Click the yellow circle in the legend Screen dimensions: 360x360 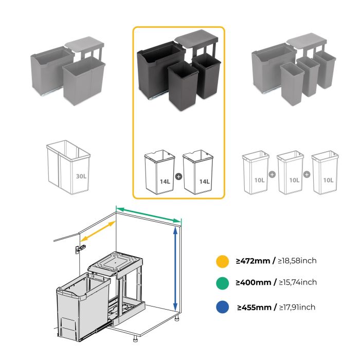click(x=222, y=261)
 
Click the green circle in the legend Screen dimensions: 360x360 click(x=222, y=283)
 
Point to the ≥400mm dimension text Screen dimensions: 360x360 click(x=254, y=282)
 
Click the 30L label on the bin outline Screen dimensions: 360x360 click(x=81, y=175)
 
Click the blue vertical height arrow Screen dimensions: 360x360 click(x=176, y=268)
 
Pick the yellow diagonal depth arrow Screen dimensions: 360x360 click(x=97, y=234)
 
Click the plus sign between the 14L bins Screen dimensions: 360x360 click(x=178, y=176)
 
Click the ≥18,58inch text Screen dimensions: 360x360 click(x=297, y=261)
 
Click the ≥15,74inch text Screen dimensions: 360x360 click(x=297, y=282)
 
